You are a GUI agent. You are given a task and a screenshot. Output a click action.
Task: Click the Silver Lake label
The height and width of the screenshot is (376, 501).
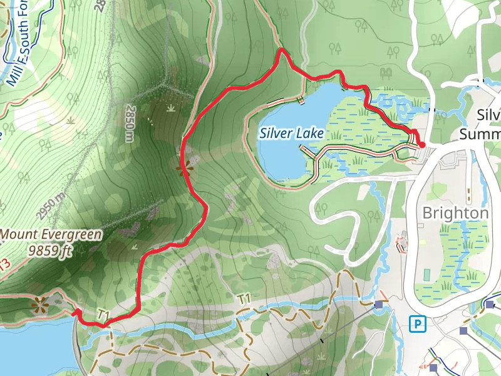292,133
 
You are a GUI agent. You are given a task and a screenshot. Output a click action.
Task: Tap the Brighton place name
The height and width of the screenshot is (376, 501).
455,212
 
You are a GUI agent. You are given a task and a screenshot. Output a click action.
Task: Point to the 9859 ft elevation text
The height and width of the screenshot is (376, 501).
51,251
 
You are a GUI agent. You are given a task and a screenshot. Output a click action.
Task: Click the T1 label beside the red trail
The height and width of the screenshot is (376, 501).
104,313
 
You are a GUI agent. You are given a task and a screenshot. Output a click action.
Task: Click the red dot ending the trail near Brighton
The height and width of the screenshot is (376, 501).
421,145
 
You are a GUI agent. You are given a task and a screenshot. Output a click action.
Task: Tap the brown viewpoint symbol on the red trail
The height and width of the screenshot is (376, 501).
183,168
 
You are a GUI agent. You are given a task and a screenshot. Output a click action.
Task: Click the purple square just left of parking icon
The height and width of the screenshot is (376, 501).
379,305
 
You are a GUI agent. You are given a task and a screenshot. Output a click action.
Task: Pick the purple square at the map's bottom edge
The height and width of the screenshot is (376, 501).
433,367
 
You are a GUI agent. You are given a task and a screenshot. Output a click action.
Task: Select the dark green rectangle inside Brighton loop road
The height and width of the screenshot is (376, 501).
426,274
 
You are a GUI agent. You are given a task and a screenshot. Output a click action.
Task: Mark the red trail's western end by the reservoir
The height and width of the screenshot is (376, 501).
75,311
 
